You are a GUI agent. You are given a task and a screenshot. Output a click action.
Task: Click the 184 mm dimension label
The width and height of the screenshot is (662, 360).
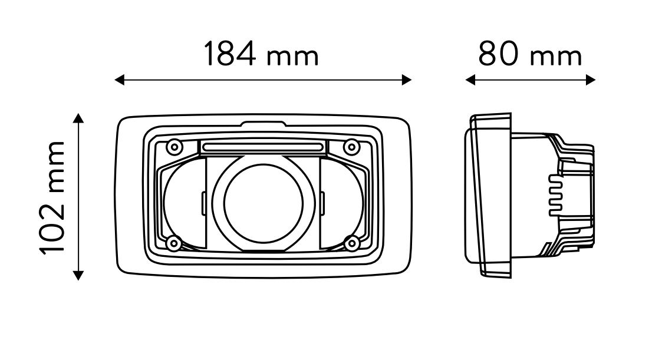tap(261, 54)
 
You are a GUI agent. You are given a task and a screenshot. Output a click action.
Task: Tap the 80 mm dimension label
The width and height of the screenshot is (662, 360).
tap(530, 54)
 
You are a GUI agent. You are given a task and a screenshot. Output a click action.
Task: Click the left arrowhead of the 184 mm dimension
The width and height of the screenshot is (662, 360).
tap(120, 80)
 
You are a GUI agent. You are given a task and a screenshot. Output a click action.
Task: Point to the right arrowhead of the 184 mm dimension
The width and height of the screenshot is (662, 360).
tap(407, 80)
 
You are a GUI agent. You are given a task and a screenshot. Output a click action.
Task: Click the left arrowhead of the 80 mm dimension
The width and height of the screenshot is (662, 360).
tap(470, 80)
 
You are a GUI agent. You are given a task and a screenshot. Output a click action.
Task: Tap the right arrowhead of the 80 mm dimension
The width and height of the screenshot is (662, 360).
tap(591, 80)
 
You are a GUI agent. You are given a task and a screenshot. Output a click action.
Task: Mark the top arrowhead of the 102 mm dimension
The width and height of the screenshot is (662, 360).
tap(78, 118)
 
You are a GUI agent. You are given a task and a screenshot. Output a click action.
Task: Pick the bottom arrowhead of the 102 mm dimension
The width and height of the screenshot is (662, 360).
tap(78, 276)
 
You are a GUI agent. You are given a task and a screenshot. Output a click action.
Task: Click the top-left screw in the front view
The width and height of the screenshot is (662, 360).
tap(174, 147)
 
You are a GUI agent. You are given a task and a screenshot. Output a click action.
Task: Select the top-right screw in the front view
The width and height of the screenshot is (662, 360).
tap(352, 147)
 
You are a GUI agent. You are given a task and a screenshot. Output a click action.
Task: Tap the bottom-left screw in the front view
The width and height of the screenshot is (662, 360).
tap(174, 243)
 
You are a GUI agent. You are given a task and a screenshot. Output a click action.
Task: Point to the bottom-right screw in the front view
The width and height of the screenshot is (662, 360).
tap(352, 243)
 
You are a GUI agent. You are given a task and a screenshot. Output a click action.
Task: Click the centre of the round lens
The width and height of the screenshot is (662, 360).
tap(263, 203)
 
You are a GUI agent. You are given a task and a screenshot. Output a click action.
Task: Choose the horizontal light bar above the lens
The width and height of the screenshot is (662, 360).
tap(263, 147)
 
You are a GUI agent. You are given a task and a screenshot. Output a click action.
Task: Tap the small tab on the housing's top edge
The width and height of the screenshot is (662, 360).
tap(263, 124)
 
